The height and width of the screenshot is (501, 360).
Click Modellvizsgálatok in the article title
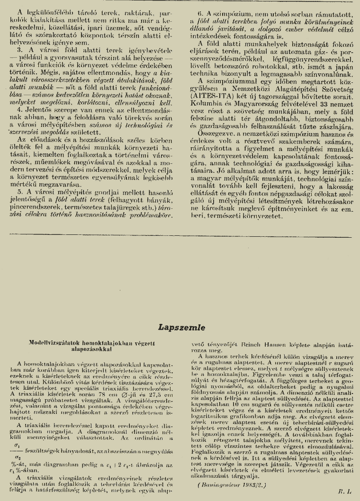click(55, 340)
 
